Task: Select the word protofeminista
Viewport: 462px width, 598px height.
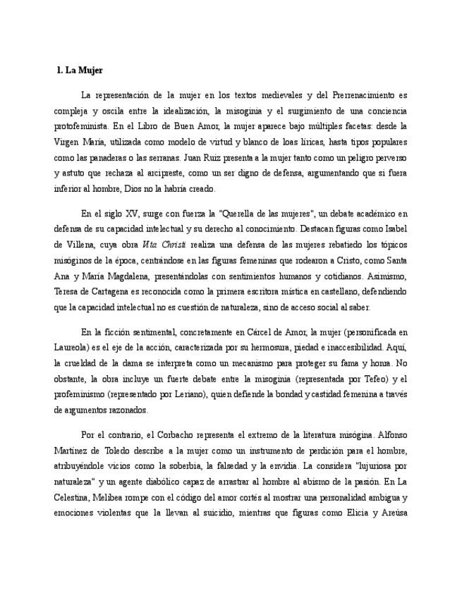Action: tap(82, 127)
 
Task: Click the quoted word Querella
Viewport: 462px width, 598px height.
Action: tap(244, 214)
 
